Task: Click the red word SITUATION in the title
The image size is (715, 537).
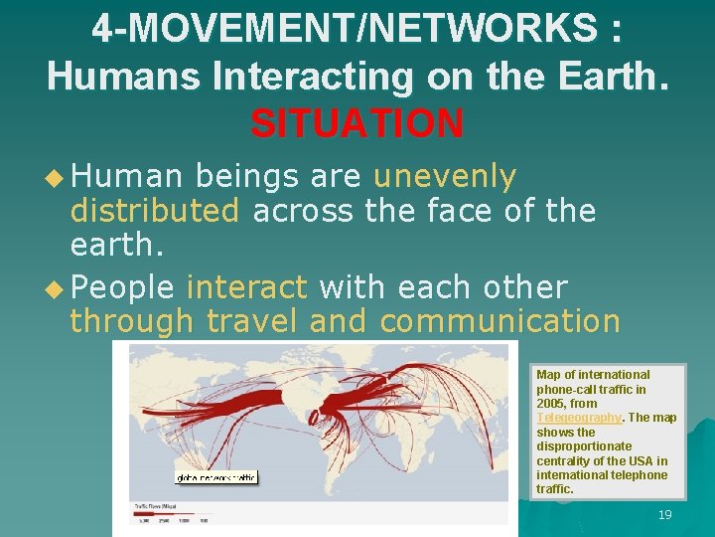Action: pos(357,123)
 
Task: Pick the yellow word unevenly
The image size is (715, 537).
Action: pos(445,177)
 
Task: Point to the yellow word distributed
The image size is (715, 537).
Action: pos(154,211)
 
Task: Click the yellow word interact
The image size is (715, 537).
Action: pos(246,287)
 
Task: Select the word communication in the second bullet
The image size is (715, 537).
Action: pos(500,321)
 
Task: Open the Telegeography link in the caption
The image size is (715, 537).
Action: pos(578,418)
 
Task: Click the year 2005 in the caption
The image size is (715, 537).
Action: pos(552,404)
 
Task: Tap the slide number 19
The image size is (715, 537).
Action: pos(664,514)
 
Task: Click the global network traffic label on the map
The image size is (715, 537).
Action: pos(215,477)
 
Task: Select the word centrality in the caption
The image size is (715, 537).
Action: pos(568,460)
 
